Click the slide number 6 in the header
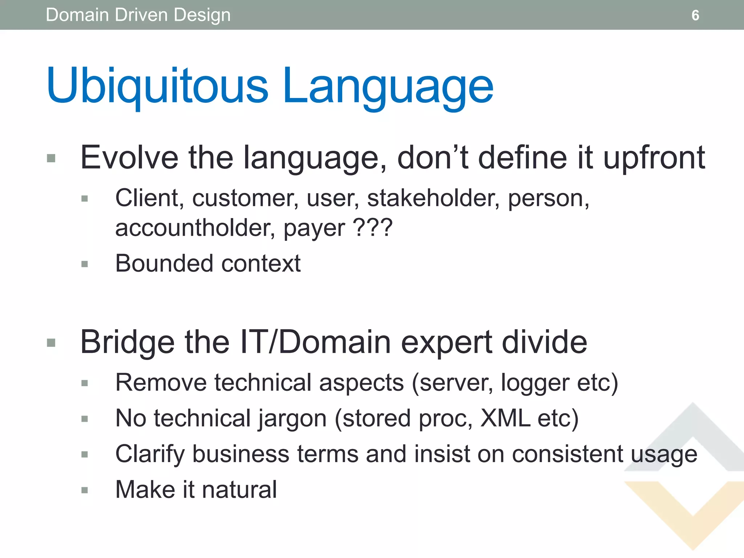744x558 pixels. [x=695, y=15]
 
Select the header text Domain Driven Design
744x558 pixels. [x=138, y=15]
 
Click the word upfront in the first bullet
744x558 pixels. [x=654, y=158]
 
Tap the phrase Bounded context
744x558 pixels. [x=208, y=263]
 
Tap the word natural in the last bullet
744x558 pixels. [x=239, y=490]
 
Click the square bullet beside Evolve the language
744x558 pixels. [x=51, y=158]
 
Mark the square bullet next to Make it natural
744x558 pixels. [x=85, y=490]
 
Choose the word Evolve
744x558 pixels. [x=129, y=158]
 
